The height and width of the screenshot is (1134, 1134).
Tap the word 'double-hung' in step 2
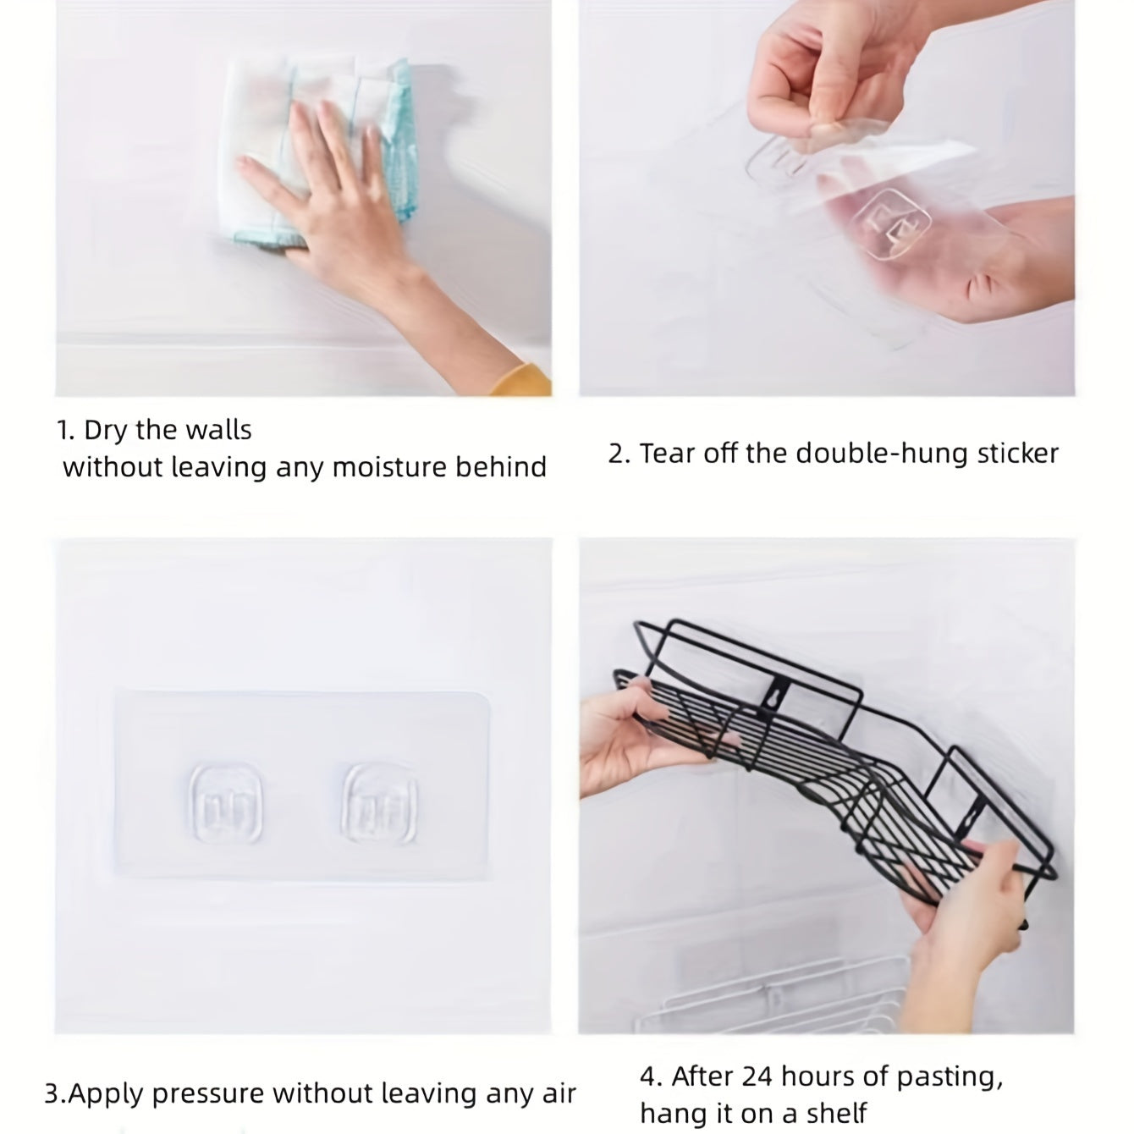point(858,454)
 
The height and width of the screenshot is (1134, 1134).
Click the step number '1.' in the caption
point(67,431)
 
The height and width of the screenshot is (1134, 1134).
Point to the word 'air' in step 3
point(558,1094)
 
